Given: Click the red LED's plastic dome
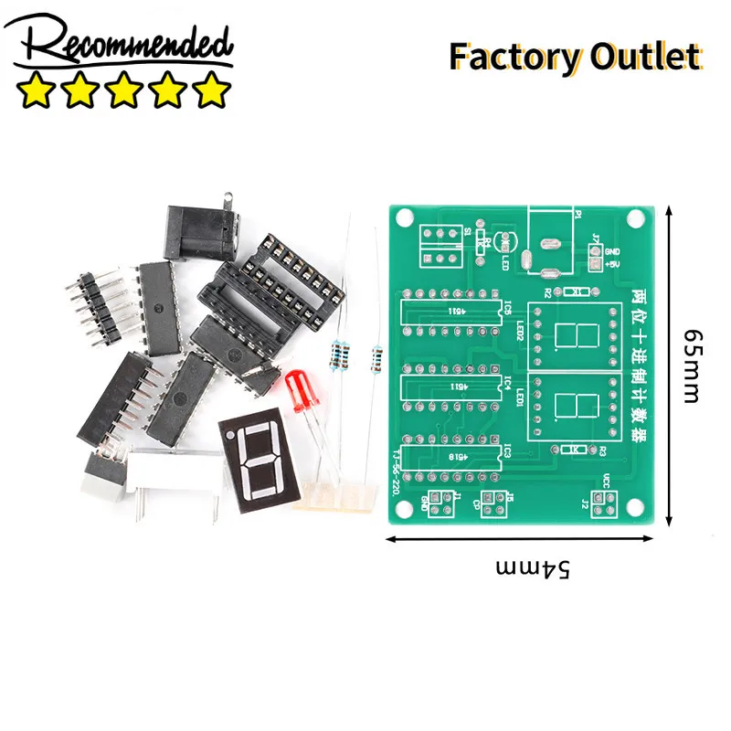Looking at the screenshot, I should (298, 389).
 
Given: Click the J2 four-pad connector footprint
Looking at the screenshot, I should (600, 498).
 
